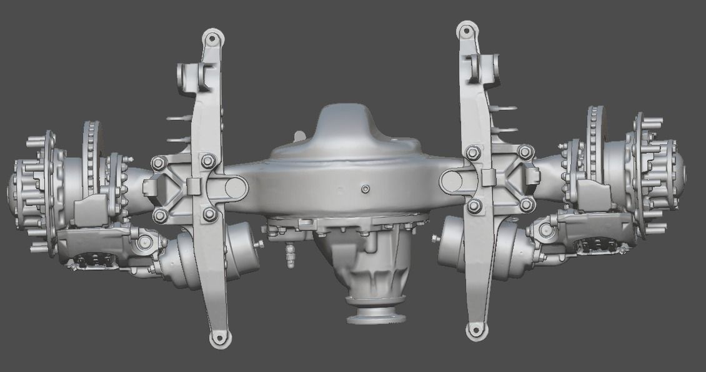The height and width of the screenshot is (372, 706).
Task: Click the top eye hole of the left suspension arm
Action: coord(212,39)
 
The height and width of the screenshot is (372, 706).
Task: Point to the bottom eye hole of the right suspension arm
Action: coord(477,331)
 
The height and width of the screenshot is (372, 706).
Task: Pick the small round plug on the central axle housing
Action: coord(365,188)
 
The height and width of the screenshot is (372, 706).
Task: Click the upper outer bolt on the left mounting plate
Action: coord(157,164)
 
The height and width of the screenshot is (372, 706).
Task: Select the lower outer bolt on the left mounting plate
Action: coord(160,215)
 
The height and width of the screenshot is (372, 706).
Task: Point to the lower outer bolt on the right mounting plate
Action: coord(527,204)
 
